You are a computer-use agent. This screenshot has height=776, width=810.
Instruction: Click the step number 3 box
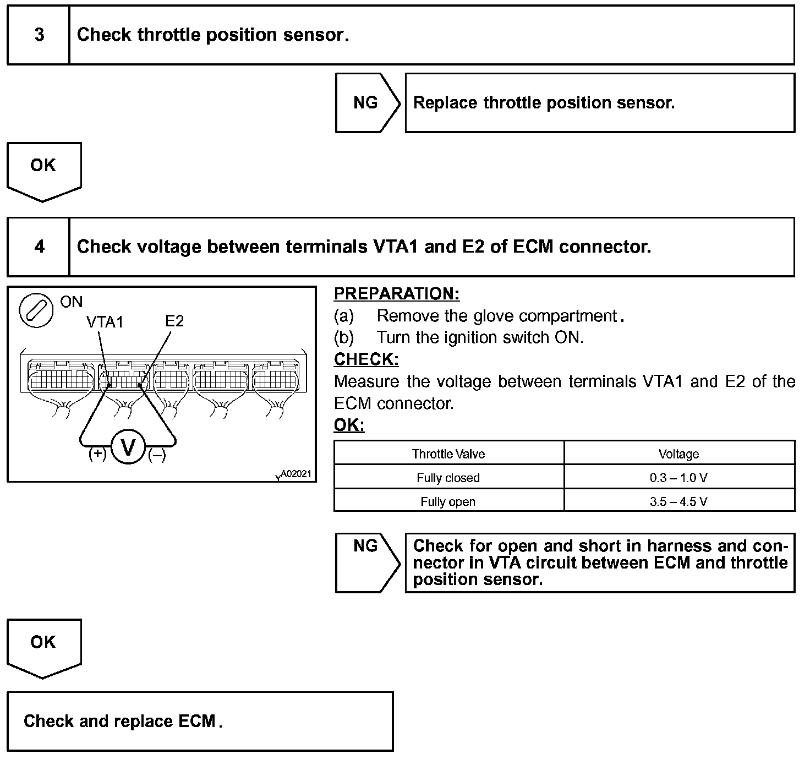[39, 35]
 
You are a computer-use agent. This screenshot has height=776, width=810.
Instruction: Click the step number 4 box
[39, 247]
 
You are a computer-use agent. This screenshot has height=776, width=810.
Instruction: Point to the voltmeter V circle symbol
[128, 447]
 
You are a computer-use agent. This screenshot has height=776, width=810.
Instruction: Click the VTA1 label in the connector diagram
[105, 322]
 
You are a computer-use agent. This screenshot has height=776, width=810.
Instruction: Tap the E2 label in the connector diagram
[174, 321]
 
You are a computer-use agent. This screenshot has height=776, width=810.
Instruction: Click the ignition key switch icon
[36, 310]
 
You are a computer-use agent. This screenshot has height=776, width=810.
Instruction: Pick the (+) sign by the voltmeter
[97, 454]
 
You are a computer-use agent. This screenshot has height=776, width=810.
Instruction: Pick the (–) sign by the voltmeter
[157, 455]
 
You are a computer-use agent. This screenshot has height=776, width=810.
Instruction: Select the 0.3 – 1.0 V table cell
[678, 478]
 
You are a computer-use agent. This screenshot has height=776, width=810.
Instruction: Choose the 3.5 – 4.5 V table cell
[678, 501]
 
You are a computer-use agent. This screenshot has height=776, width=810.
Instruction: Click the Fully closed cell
[448, 478]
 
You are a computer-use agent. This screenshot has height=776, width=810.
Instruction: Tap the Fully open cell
[448, 501]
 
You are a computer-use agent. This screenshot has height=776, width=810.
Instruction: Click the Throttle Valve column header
[448, 454]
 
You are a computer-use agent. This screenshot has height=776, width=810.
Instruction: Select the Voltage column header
[678, 454]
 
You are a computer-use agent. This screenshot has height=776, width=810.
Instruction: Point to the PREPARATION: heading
[396, 294]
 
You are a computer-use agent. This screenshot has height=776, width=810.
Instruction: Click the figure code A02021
[296, 474]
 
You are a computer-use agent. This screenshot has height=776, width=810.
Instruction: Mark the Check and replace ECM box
[200, 722]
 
